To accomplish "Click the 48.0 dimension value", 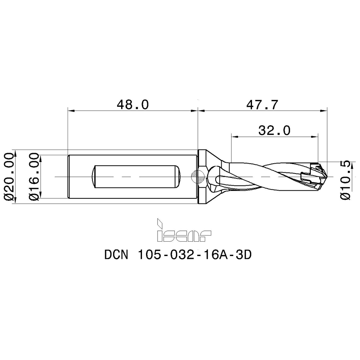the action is (133, 104).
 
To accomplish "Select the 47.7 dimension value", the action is (262, 104).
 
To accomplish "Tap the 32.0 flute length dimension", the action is (274, 130).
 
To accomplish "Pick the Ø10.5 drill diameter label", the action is (345, 180).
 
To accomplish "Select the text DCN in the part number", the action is (116, 255).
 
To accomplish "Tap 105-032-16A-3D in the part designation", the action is (194, 255).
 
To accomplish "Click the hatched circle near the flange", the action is (198, 177).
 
